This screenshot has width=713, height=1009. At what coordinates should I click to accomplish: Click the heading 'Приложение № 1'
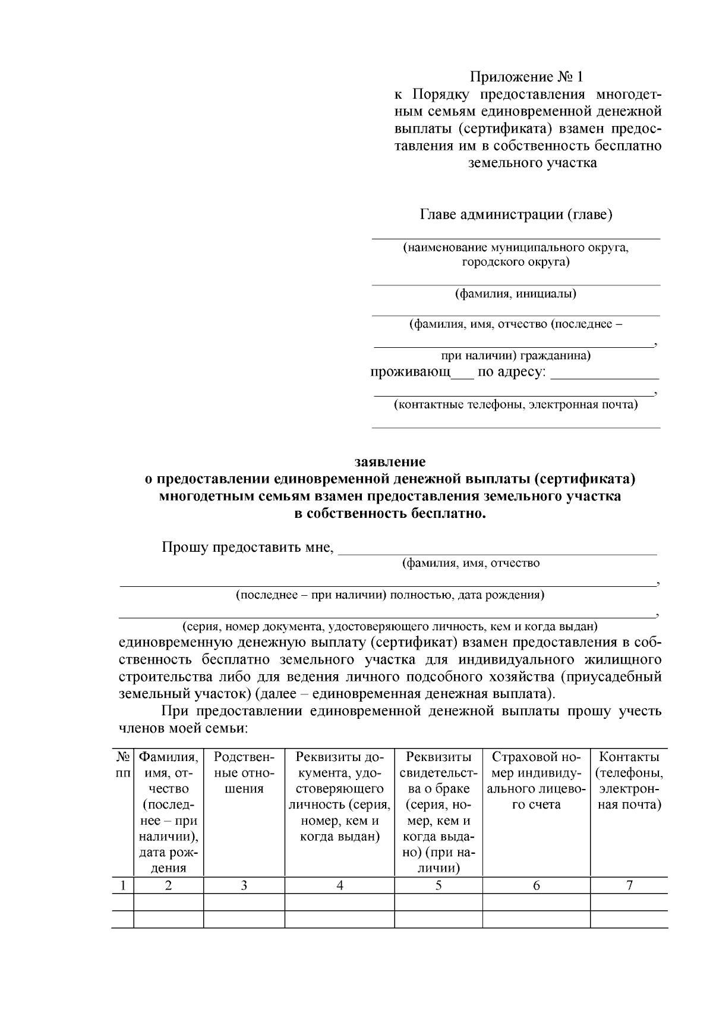tap(527, 77)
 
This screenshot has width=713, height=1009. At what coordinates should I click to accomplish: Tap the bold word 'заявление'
tap(390, 462)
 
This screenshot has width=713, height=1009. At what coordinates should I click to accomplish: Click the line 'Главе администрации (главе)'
tap(516, 215)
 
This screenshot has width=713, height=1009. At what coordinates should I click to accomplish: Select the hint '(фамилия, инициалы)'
tap(516, 294)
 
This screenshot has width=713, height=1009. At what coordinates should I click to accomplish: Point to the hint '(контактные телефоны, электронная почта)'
tap(516, 406)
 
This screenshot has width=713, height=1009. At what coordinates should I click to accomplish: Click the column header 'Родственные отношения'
tap(244, 773)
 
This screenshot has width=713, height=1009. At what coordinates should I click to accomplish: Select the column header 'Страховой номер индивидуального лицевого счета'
tap(536, 781)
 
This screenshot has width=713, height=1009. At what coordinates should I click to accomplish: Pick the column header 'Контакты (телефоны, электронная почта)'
tap(629, 781)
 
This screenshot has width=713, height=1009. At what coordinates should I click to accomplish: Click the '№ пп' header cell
tap(122, 765)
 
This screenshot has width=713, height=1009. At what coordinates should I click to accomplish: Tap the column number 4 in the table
tap(339, 885)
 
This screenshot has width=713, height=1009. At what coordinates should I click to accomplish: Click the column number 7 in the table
tap(629, 885)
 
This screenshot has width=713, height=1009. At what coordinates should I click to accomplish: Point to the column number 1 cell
tap(122, 885)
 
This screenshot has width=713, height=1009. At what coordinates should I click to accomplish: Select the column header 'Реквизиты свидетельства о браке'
tap(438, 812)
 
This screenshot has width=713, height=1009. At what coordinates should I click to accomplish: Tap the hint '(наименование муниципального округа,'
tap(516, 247)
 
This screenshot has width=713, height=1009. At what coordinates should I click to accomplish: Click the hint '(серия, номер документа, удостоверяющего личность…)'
tap(390, 627)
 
